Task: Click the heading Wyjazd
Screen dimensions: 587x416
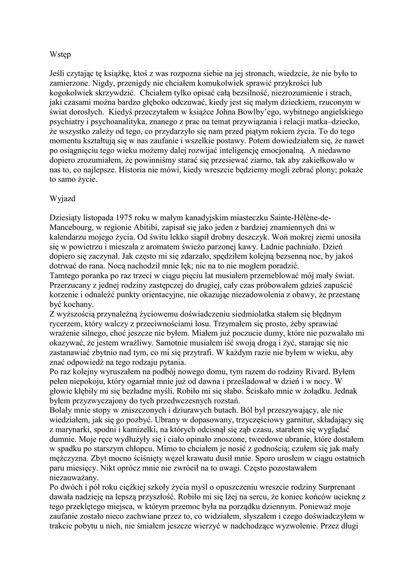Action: pos(60,199)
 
